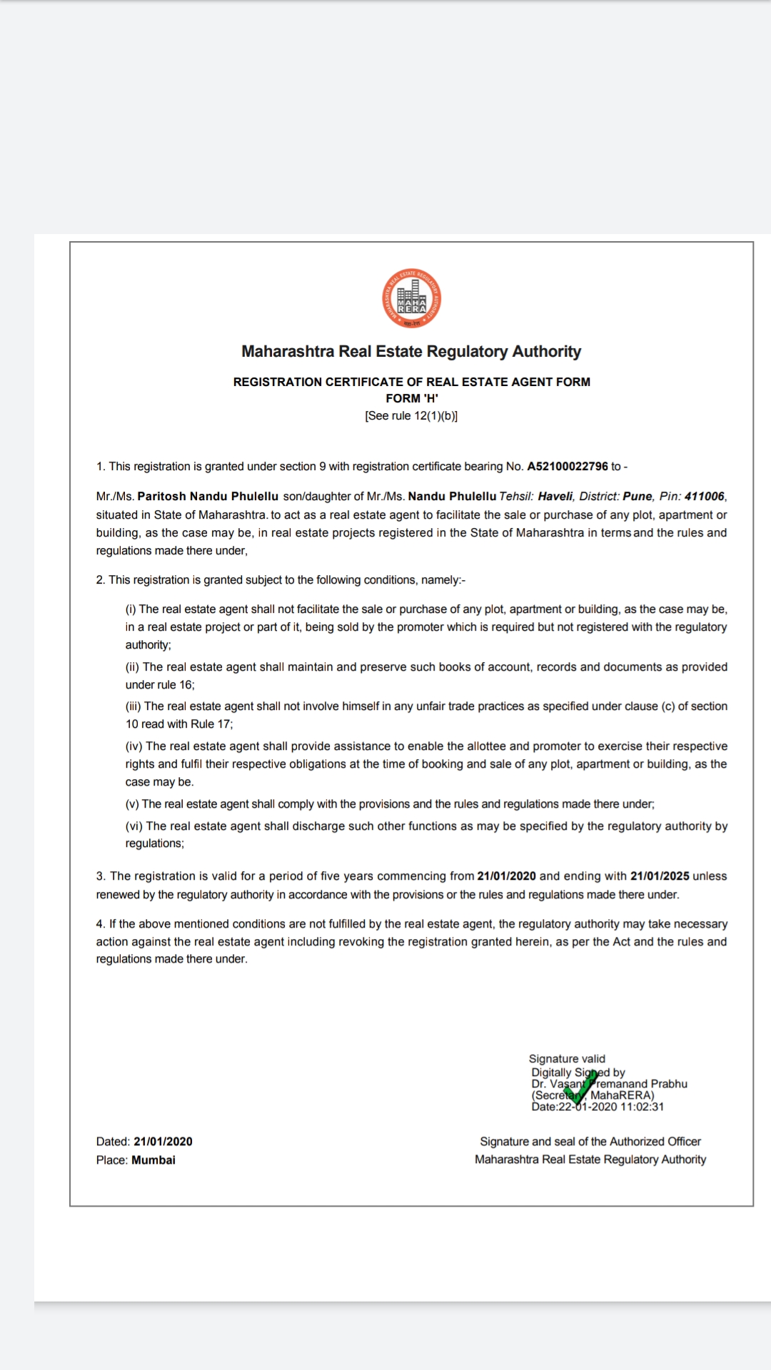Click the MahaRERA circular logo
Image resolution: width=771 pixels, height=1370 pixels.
[411, 299]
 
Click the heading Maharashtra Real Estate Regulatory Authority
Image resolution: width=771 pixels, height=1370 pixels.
[411, 352]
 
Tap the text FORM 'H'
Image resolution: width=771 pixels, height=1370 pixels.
[412, 399]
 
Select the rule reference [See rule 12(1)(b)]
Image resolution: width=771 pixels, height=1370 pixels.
[411, 416]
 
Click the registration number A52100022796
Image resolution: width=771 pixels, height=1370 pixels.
[568, 467]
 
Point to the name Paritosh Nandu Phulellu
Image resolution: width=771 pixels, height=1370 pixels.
[208, 497]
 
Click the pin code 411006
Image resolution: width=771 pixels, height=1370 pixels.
[704, 497]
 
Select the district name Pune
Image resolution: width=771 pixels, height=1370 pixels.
[638, 497]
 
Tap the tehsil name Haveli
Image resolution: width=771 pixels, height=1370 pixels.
[555, 497]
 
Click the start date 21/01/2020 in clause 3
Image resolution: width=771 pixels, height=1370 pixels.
[506, 876]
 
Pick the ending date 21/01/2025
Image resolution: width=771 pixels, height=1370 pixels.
[660, 876]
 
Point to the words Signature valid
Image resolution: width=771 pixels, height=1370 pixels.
[567, 1059]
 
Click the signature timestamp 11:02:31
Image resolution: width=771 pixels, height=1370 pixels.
[642, 1107]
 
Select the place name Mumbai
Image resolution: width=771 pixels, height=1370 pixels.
[153, 1160]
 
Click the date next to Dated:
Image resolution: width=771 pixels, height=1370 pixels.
[163, 1142]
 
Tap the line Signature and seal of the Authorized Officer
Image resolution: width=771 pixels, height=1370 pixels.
[590, 1142]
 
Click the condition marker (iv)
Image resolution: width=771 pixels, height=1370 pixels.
[134, 746]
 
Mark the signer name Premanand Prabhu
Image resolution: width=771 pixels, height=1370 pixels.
[640, 1084]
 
